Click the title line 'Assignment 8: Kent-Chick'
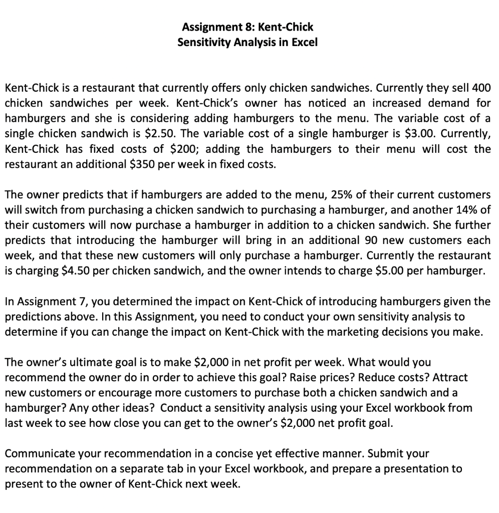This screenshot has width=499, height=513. point(247,27)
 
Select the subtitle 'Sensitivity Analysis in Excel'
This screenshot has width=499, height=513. point(247,42)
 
